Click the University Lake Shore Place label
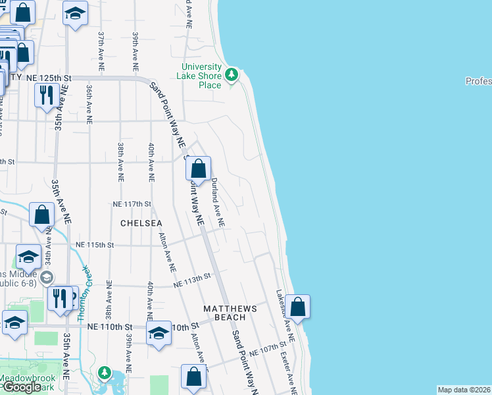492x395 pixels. tap(201, 76)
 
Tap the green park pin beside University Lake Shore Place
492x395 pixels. tap(231, 74)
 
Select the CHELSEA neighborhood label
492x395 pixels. tap(141, 224)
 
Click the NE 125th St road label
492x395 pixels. tap(48, 78)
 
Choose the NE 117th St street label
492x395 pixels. tap(132, 205)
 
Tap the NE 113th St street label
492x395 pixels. tap(193, 281)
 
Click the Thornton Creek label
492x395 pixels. tap(84, 294)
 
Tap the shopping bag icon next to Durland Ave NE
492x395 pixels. tap(199, 171)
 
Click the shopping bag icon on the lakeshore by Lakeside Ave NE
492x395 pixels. tap(297, 307)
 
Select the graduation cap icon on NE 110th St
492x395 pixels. tap(159, 333)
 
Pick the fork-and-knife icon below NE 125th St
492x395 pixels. tap(45, 95)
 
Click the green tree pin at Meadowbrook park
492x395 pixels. tap(104, 373)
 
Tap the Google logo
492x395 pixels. tap(22, 387)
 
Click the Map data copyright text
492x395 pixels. tap(464, 390)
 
